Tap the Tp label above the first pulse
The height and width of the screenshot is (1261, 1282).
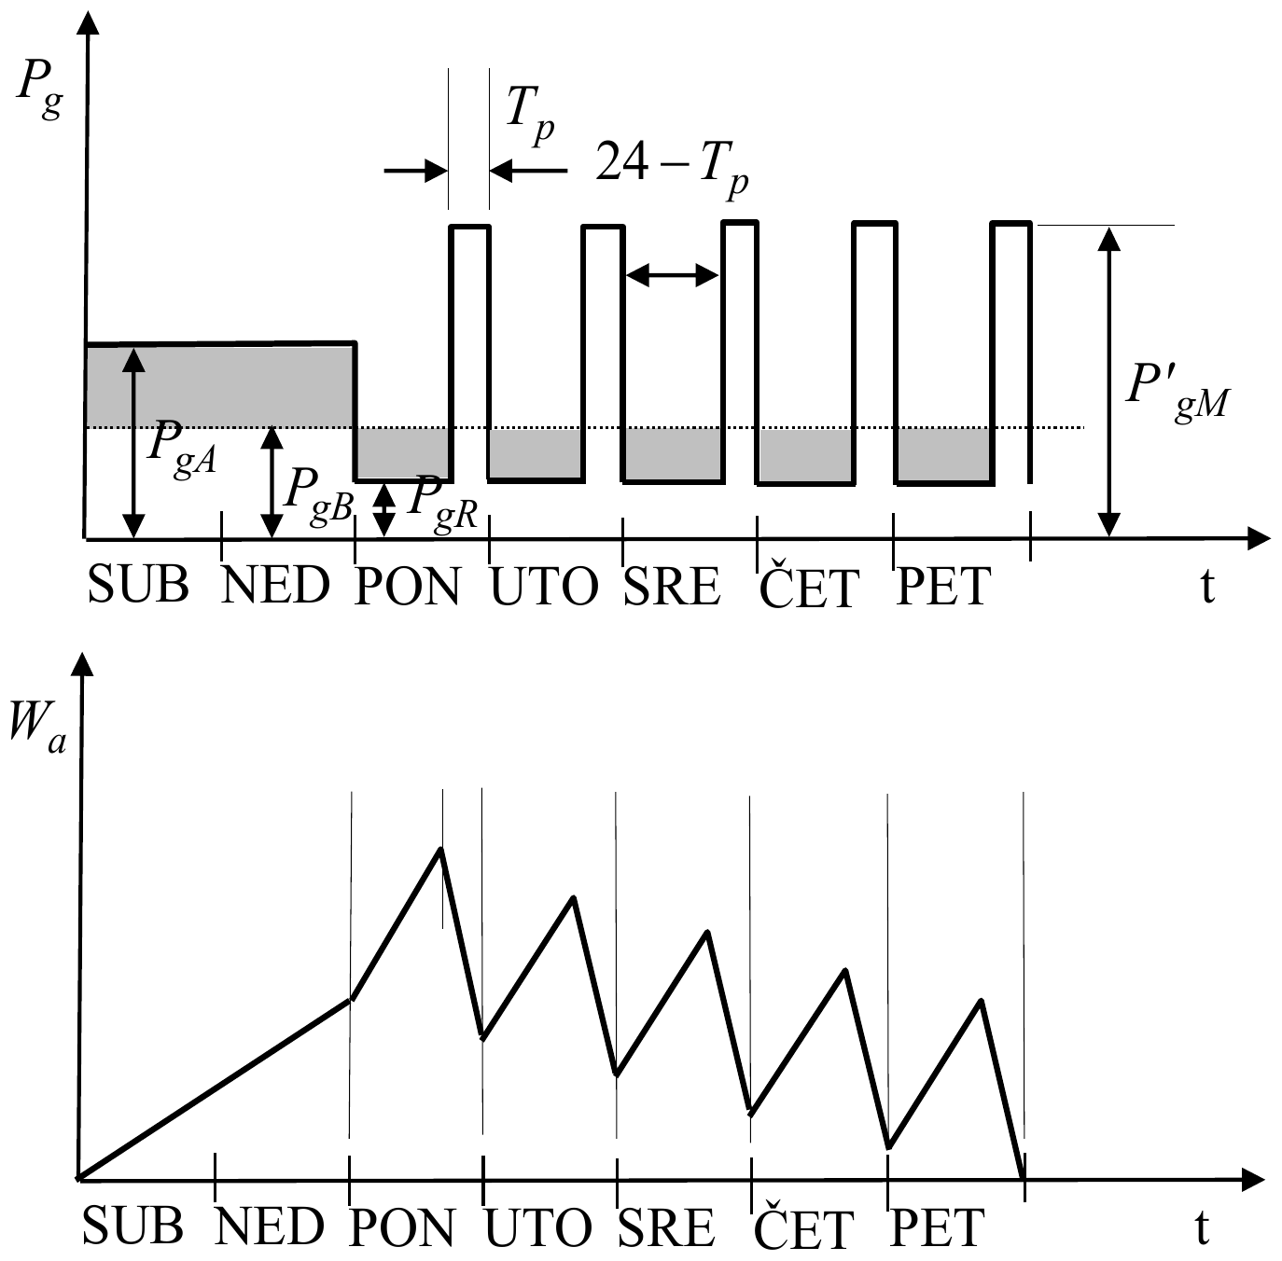pyautogui.click(x=530, y=115)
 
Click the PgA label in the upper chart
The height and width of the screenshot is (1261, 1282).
pyautogui.click(x=182, y=449)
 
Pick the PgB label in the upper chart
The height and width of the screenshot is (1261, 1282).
pyautogui.click(x=317, y=496)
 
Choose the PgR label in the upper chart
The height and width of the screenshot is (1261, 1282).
pyautogui.click(x=441, y=505)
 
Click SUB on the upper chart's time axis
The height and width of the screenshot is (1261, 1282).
pyautogui.click(x=138, y=586)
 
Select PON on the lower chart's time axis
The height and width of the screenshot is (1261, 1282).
pyautogui.click(x=402, y=1227)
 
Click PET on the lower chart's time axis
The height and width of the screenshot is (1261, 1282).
pyautogui.click(x=937, y=1227)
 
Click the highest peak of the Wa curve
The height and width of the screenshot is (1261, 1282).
pyautogui.click(x=440, y=850)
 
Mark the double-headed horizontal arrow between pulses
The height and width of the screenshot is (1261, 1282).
pyautogui.click(x=673, y=274)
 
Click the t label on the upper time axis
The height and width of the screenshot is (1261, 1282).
pyautogui.click(x=1207, y=587)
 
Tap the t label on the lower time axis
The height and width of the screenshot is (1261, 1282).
pyautogui.click(x=1202, y=1227)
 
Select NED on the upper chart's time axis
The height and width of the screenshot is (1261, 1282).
pyautogui.click(x=275, y=586)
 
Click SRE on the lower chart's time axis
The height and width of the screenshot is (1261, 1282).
pyautogui.click(x=666, y=1227)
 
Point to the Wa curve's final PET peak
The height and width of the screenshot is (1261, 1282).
pyautogui.click(x=982, y=1001)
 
